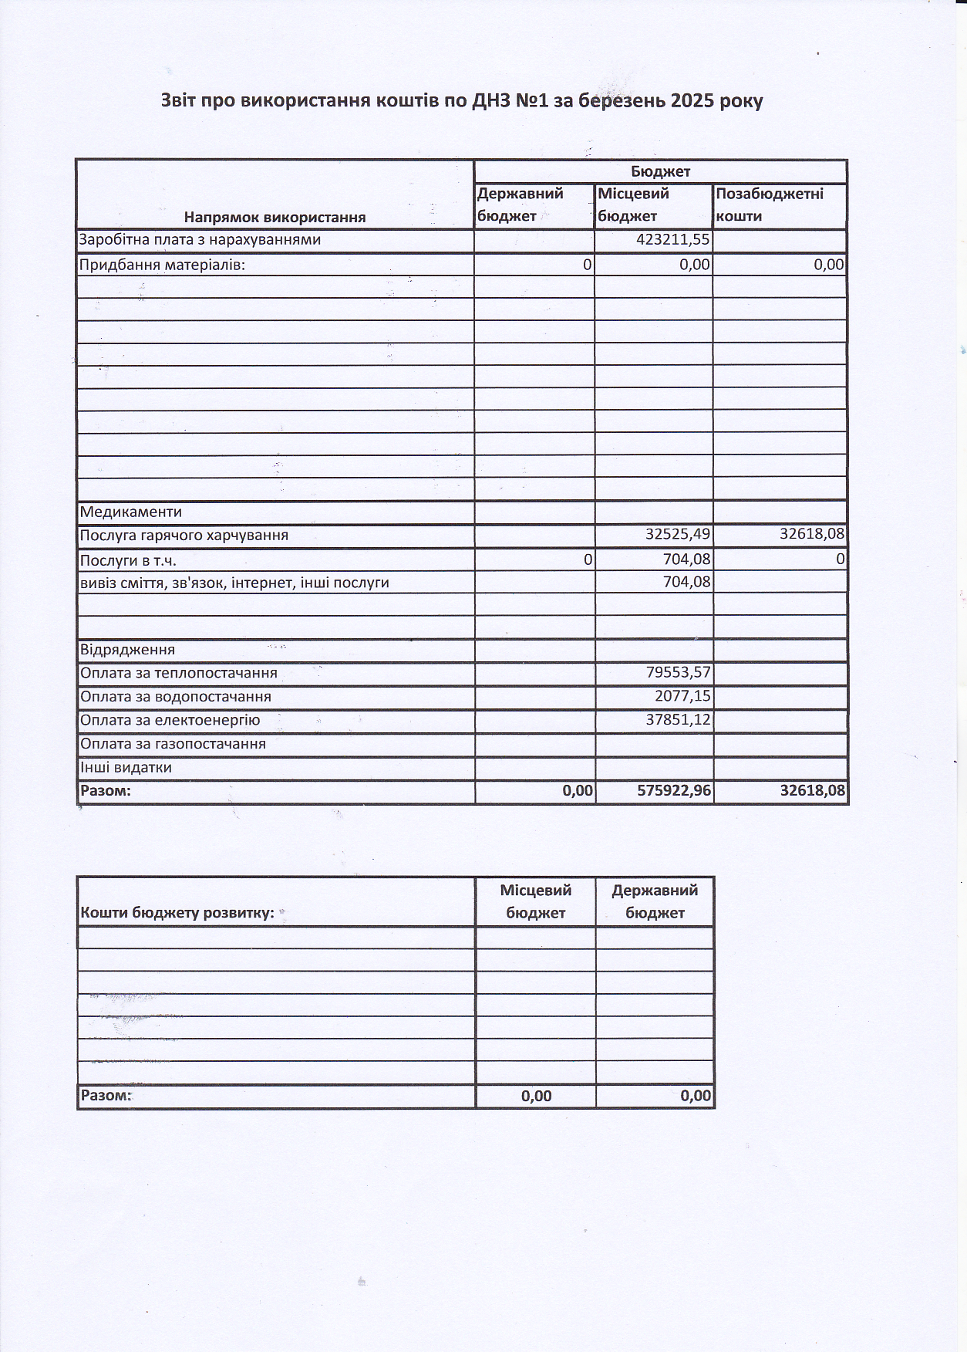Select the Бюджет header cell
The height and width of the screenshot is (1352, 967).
point(660,171)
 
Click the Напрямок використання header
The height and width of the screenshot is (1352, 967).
point(275,217)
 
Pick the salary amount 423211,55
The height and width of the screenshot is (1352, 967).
point(672,240)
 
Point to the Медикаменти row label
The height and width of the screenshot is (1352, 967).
point(131,512)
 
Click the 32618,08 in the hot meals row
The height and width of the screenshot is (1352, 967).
point(812,534)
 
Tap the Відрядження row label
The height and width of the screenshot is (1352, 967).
point(127,650)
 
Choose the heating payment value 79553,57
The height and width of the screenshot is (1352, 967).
point(678,673)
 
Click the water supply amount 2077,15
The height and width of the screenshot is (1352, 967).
point(682,696)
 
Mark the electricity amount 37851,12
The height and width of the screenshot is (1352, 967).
point(678,720)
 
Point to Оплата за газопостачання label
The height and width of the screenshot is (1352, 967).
point(173,744)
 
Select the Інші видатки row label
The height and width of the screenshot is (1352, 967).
point(126,768)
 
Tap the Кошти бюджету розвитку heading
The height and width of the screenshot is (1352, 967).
point(177,913)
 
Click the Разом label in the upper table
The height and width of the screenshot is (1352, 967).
point(106,791)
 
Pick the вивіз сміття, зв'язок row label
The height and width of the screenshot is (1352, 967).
point(234,583)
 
